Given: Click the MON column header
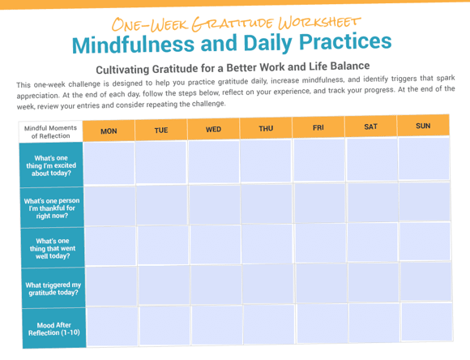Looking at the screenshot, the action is pyautogui.click(x=109, y=131).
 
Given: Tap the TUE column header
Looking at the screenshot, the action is pyautogui.click(x=161, y=130).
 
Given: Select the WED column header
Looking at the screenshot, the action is pyautogui.click(x=213, y=129).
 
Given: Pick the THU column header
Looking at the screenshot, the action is pyautogui.click(x=266, y=128).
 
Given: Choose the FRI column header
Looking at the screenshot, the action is pyautogui.click(x=318, y=127).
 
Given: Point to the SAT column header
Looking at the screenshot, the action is pyautogui.click(x=371, y=126).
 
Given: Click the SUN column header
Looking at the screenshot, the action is pyautogui.click(x=423, y=126).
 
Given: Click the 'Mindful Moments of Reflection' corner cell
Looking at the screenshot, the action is pyautogui.click(x=50, y=132).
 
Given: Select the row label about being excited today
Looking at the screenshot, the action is pyautogui.click(x=51, y=165).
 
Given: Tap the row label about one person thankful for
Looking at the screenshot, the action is pyautogui.click(x=52, y=208).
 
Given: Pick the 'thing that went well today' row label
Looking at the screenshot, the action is pyautogui.click(x=53, y=248).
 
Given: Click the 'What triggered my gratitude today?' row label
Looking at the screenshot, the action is pyautogui.click(x=53, y=289).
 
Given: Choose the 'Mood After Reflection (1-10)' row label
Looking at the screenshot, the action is pyautogui.click(x=54, y=329).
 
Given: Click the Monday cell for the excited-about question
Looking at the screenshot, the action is pyautogui.click(x=109, y=164).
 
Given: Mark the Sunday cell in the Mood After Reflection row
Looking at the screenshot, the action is pyautogui.click(x=427, y=323).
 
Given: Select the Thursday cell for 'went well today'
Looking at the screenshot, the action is pyautogui.click(x=267, y=244).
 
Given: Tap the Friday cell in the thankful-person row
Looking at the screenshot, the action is pyautogui.click(x=320, y=203).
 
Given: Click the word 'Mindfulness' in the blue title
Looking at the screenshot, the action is pyautogui.click(x=134, y=44).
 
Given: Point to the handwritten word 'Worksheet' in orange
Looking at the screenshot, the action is pyautogui.click(x=319, y=23).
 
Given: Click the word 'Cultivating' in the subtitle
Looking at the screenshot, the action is pyautogui.click(x=122, y=70).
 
